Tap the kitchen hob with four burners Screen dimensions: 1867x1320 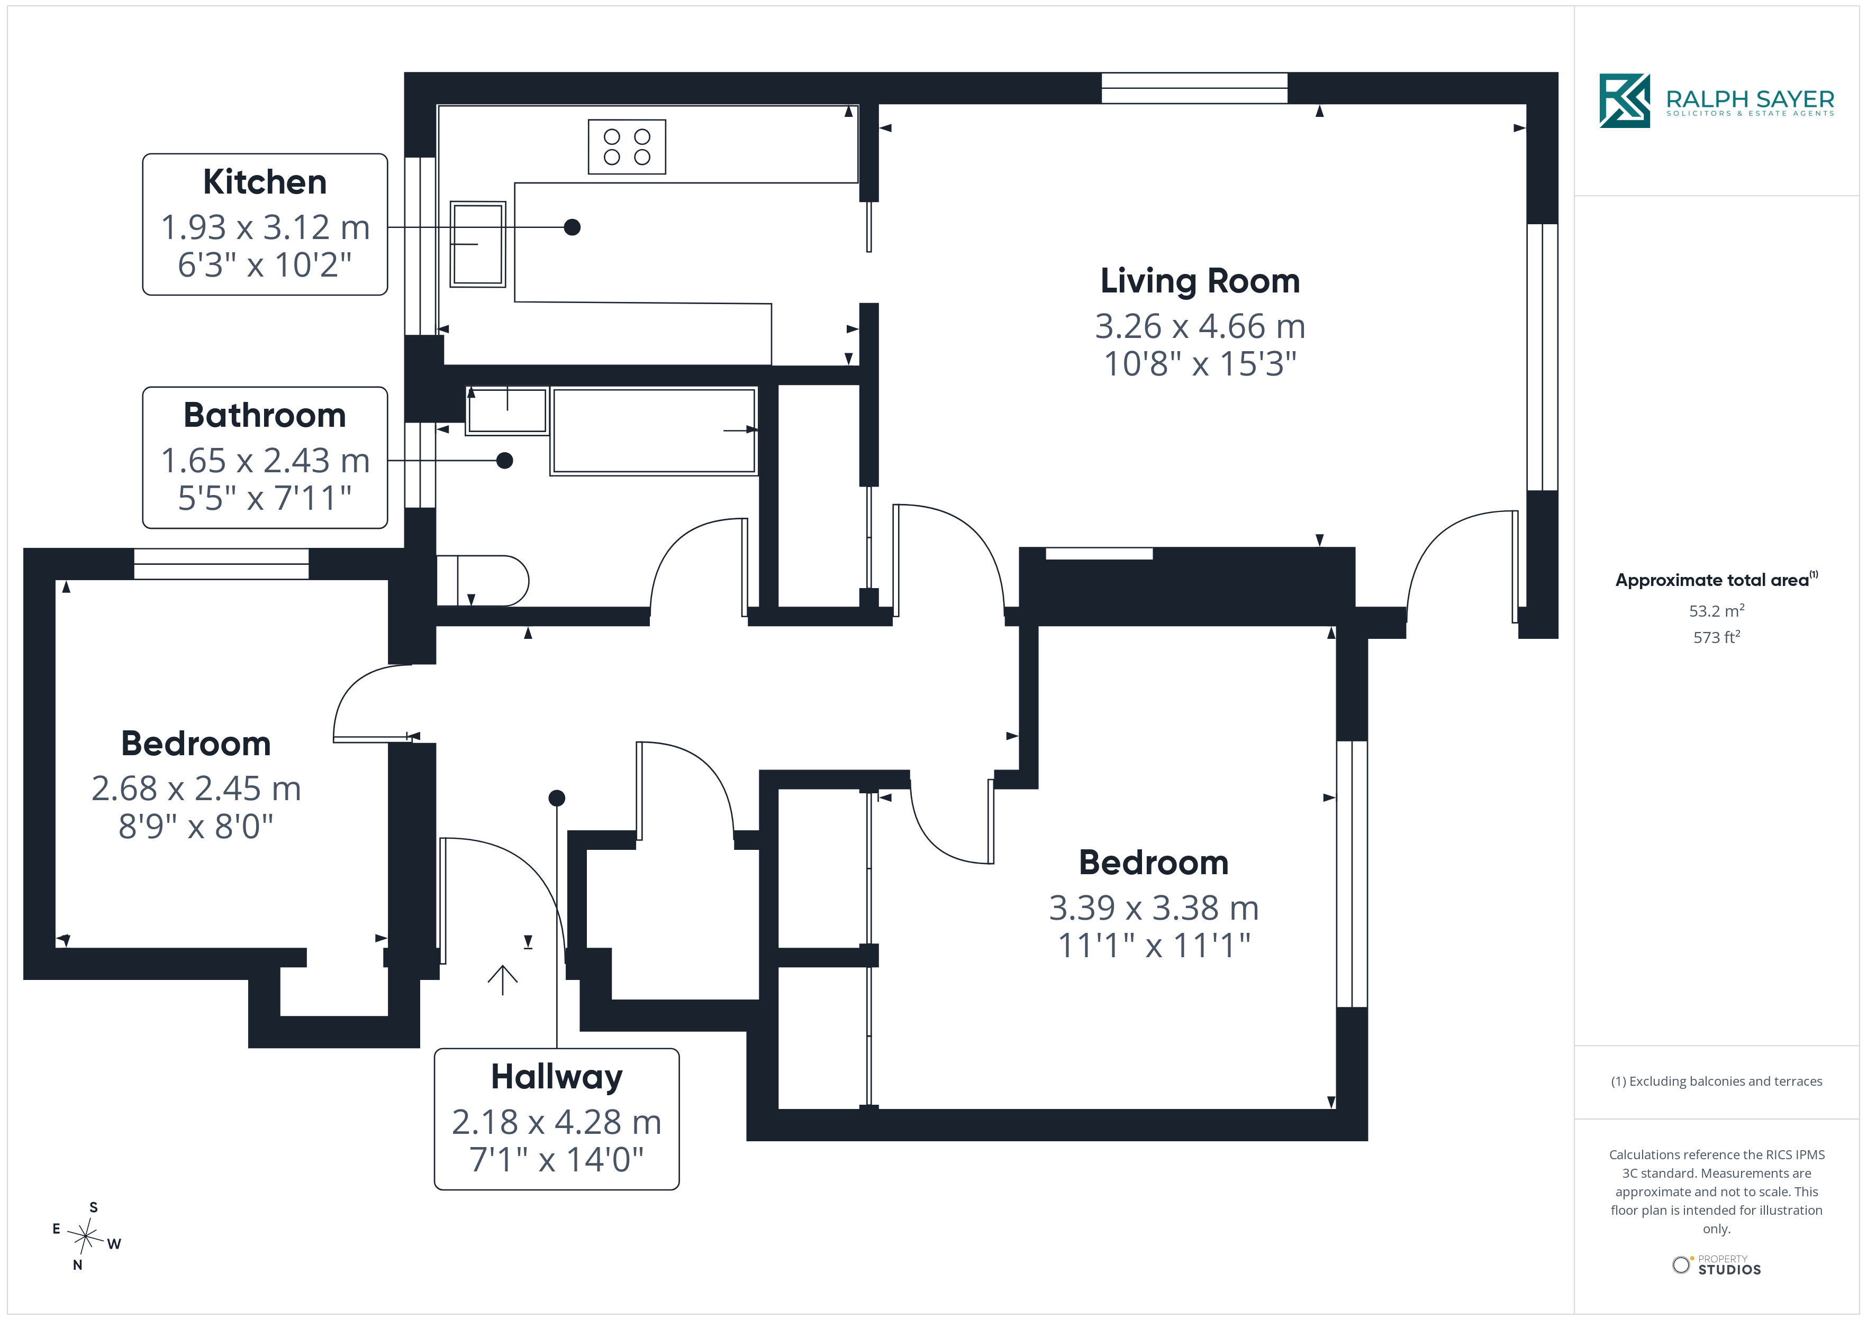pos(627,147)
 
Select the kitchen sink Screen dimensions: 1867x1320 pos(478,244)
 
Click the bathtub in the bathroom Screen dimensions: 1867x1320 pos(654,431)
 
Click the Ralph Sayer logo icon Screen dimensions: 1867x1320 pos(1625,101)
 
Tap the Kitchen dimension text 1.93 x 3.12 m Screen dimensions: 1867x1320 pos(265,227)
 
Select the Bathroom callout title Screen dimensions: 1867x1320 pos(265,415)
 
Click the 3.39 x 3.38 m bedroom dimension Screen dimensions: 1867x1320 pos(1154,908)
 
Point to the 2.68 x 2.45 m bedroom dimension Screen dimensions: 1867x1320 pos(196,789)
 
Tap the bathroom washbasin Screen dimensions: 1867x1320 pos(507,410)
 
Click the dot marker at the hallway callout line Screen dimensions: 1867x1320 pos(557,798)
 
